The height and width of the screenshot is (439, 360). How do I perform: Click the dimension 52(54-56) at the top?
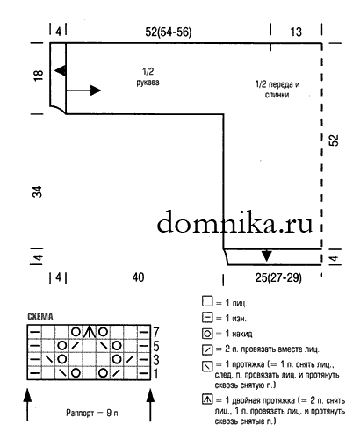point(169,32)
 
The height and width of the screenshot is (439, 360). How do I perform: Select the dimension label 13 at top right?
point(296,32)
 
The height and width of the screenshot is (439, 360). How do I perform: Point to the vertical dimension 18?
point(39,76)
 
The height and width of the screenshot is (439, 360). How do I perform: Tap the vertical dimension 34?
point(38,191)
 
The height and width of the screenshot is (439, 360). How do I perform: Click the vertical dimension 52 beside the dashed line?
point(334,140)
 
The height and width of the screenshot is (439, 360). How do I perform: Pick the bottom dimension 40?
point(138,277)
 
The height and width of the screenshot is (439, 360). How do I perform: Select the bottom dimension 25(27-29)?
point(278,277)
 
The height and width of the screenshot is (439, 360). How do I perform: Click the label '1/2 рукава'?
point(148,76)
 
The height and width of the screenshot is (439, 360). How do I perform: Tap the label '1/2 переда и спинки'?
point(277,90)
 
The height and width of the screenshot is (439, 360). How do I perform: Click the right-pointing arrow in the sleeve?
point(83,90)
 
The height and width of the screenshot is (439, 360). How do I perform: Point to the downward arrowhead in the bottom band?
point(266,255)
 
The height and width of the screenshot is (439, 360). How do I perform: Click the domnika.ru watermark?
point(235,222)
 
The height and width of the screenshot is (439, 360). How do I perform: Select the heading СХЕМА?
point(40,317)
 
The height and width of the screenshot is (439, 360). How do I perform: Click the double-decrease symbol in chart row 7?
point(90,332)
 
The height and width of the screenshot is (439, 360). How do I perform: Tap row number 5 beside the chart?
point(156,346)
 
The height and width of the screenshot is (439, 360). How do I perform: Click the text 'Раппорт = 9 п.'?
point(93,413)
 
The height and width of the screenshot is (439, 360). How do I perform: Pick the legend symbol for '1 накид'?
point(207,334)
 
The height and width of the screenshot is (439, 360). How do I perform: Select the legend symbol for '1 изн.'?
point(207,318)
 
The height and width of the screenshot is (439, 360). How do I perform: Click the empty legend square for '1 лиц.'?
point(207,301)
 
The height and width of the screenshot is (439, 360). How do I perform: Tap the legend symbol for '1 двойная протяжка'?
point(207,399)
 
